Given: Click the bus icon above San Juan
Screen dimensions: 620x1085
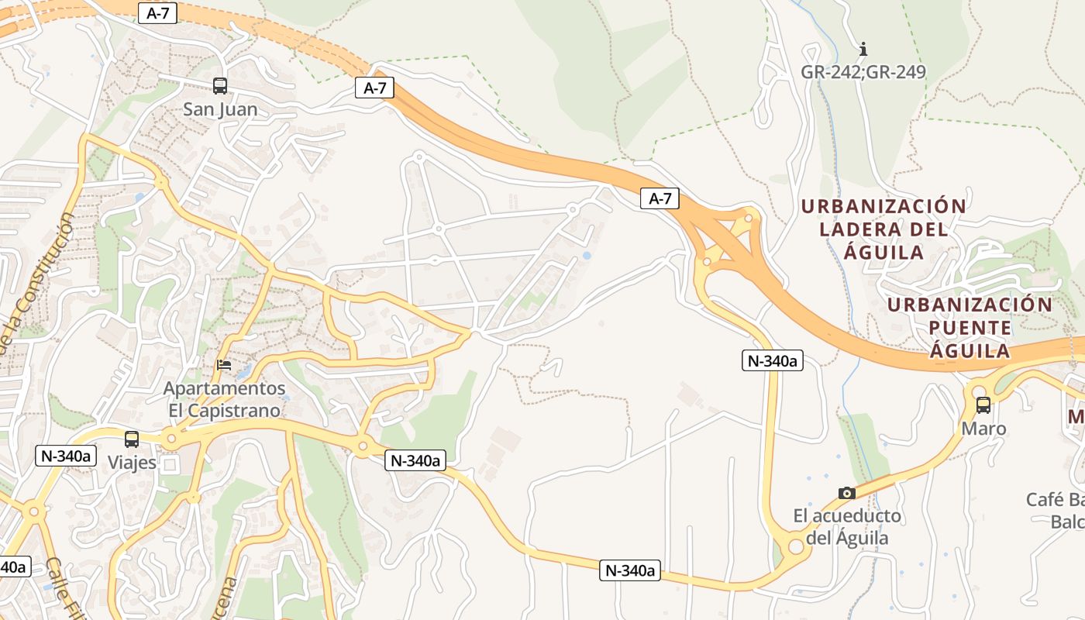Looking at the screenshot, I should coord(220,86).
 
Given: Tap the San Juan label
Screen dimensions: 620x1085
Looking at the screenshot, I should coord(220,109).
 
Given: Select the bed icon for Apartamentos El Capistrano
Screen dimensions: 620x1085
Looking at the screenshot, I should coord(225,364).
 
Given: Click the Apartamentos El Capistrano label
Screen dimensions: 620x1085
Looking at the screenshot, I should coord(224,398).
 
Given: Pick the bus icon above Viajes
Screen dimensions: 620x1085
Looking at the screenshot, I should coord(132,439).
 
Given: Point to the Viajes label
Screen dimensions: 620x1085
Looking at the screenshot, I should coord(132,463).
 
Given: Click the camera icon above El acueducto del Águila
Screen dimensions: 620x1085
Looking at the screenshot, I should coord(847,493).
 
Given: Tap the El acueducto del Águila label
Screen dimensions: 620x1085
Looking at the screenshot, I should coord(847,526).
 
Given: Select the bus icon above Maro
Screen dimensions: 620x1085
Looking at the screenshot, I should coord(983,405).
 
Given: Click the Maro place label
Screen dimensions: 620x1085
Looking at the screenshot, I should coord(983,429).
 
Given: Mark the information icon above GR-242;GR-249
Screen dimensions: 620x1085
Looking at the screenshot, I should coord(863,50).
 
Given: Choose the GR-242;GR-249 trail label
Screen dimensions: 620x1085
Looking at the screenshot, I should coord(863,72).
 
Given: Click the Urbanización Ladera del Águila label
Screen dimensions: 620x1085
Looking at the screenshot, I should coord(883,229).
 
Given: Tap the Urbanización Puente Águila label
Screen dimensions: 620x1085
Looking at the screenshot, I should coord(970,327).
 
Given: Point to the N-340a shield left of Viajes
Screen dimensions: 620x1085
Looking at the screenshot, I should coord(65,456).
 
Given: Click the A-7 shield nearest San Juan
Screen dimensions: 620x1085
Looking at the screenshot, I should coord(375,88).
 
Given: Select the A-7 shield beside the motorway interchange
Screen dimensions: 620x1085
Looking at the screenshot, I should coord(660,199).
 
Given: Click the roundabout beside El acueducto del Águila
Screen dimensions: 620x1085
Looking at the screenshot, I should coord(795,546).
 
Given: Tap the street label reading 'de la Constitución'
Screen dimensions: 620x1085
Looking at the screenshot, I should coord(39,279).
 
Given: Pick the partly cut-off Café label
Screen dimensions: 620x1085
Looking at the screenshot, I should coord(1055,510).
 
